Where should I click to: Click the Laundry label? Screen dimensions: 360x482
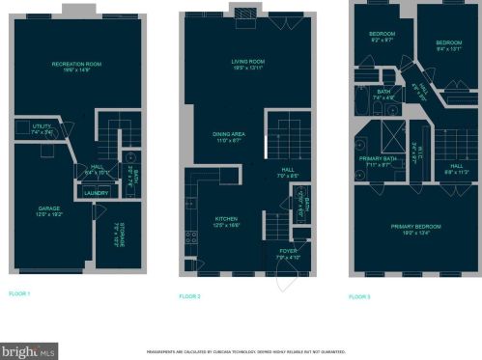[97, 192]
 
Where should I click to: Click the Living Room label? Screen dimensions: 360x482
[247, 63]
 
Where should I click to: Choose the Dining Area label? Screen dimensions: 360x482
[228, 136]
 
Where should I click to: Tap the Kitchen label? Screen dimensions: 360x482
[226, 221]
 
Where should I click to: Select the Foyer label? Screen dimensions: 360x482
[286, 256]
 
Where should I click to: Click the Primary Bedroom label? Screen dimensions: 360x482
[415, 228]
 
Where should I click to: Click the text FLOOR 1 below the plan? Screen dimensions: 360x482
[20, 292]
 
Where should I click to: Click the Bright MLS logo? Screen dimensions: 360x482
[29, 350]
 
